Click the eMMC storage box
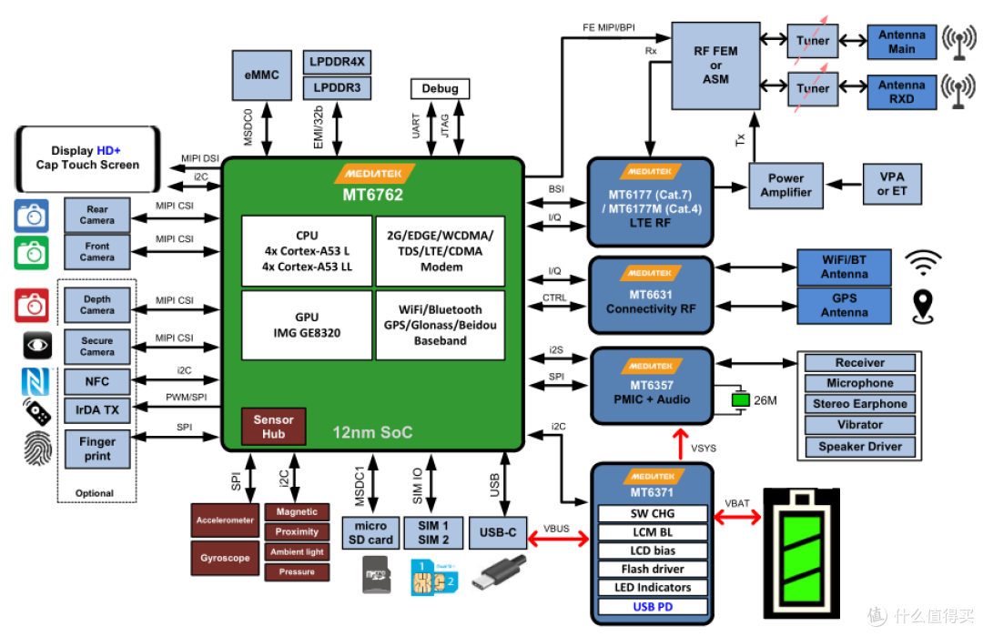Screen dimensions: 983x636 coord(261,76)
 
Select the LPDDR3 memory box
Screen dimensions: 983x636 coord(337,87)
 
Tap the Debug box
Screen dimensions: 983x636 coord(440,88)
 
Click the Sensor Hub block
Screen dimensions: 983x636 coord(273,427)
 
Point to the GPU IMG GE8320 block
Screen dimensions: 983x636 coord(307,325)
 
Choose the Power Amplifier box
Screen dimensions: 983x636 coord(785,186)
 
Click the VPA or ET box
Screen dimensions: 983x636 coord(891,184)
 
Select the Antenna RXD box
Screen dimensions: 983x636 coord(901,92)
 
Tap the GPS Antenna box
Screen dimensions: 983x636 coord(844,306)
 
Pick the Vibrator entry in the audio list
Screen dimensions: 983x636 coord(859,425)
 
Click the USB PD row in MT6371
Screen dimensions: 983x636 coord(653,607)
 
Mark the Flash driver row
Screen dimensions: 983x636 coord(653,569)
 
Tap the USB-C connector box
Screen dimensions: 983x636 coord(498,532)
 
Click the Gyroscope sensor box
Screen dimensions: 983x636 coord(225,558)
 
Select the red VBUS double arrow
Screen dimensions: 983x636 coord(559,539)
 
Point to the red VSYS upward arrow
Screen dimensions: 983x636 coord(680,444)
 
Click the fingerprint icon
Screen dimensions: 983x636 coord(37,448)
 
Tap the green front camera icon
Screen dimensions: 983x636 coord(31,253)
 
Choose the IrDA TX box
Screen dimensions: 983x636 coord(97,410)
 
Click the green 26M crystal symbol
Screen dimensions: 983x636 coord(740,399)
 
